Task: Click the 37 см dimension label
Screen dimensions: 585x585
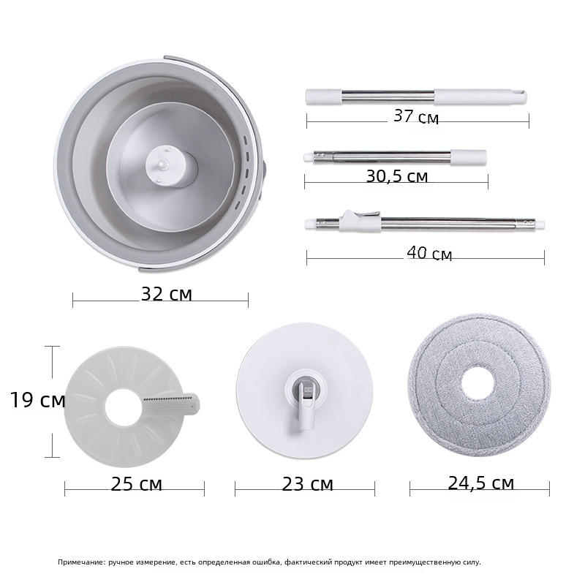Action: (x=416, y=116)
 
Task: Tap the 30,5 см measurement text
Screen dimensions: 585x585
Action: (x=396, y=176)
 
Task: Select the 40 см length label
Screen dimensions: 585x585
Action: (x=429, y=254)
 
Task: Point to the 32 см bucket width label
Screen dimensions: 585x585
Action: (x=167, y=294)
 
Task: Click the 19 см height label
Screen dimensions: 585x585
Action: (x=37, y=400)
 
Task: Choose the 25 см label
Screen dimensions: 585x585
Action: (x=136, y=484)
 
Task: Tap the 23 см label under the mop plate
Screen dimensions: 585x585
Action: (x=307, y=484)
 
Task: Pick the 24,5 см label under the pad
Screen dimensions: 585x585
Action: (x=480, y=483)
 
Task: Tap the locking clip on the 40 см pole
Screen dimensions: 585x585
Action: (x=360, y=221)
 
